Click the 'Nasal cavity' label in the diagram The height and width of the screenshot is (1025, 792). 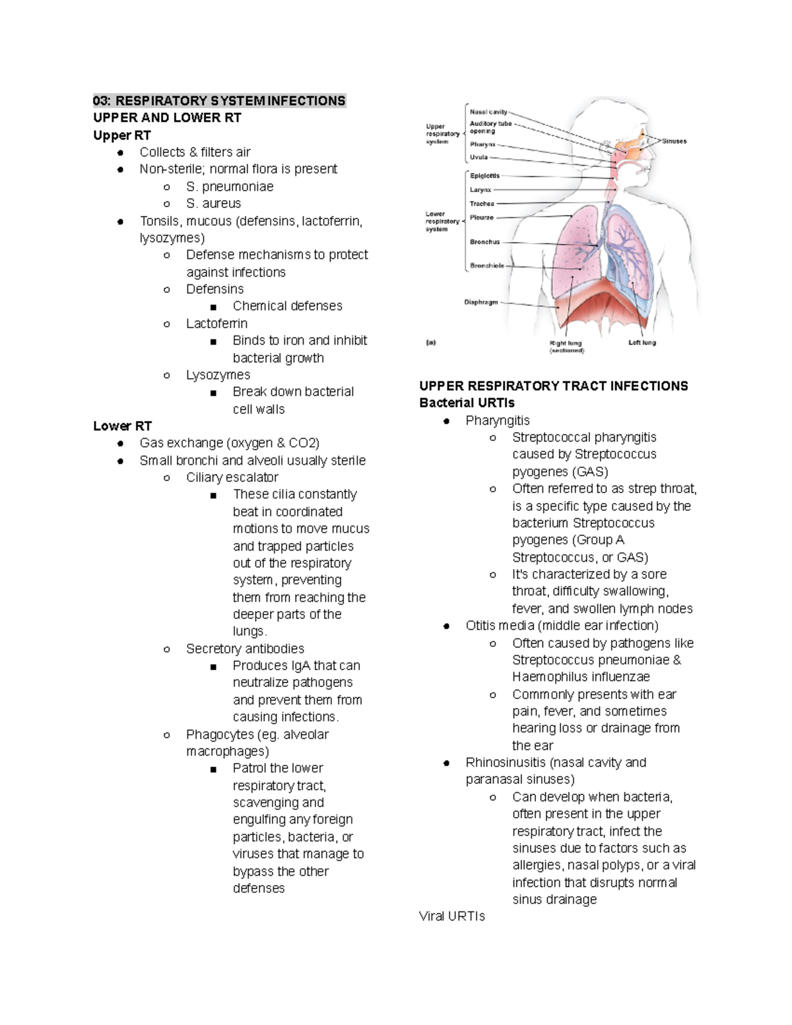488,112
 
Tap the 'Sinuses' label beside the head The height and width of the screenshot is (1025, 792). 675,141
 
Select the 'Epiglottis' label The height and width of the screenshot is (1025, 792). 484,176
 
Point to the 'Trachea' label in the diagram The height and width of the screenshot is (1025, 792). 482,204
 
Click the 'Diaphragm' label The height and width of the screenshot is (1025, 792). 481,302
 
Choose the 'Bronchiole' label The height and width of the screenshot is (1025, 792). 487,266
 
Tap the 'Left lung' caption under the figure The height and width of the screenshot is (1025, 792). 642,343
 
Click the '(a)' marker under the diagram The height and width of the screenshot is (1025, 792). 431,343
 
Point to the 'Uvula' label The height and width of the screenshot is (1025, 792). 478,158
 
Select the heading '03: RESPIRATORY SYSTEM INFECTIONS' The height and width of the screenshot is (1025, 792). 219,101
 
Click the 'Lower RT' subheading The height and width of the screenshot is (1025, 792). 122,426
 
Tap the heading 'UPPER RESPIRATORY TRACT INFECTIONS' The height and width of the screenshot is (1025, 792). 553,386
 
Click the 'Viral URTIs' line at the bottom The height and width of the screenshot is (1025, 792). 451,917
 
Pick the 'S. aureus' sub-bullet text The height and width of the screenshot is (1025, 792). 213,204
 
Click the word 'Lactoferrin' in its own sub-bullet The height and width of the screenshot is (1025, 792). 216,323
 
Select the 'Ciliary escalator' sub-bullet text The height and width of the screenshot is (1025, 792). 232,477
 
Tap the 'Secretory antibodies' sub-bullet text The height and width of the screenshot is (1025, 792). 245,649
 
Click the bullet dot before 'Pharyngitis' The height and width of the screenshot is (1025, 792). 447,421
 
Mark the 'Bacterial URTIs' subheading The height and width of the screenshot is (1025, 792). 467,403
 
